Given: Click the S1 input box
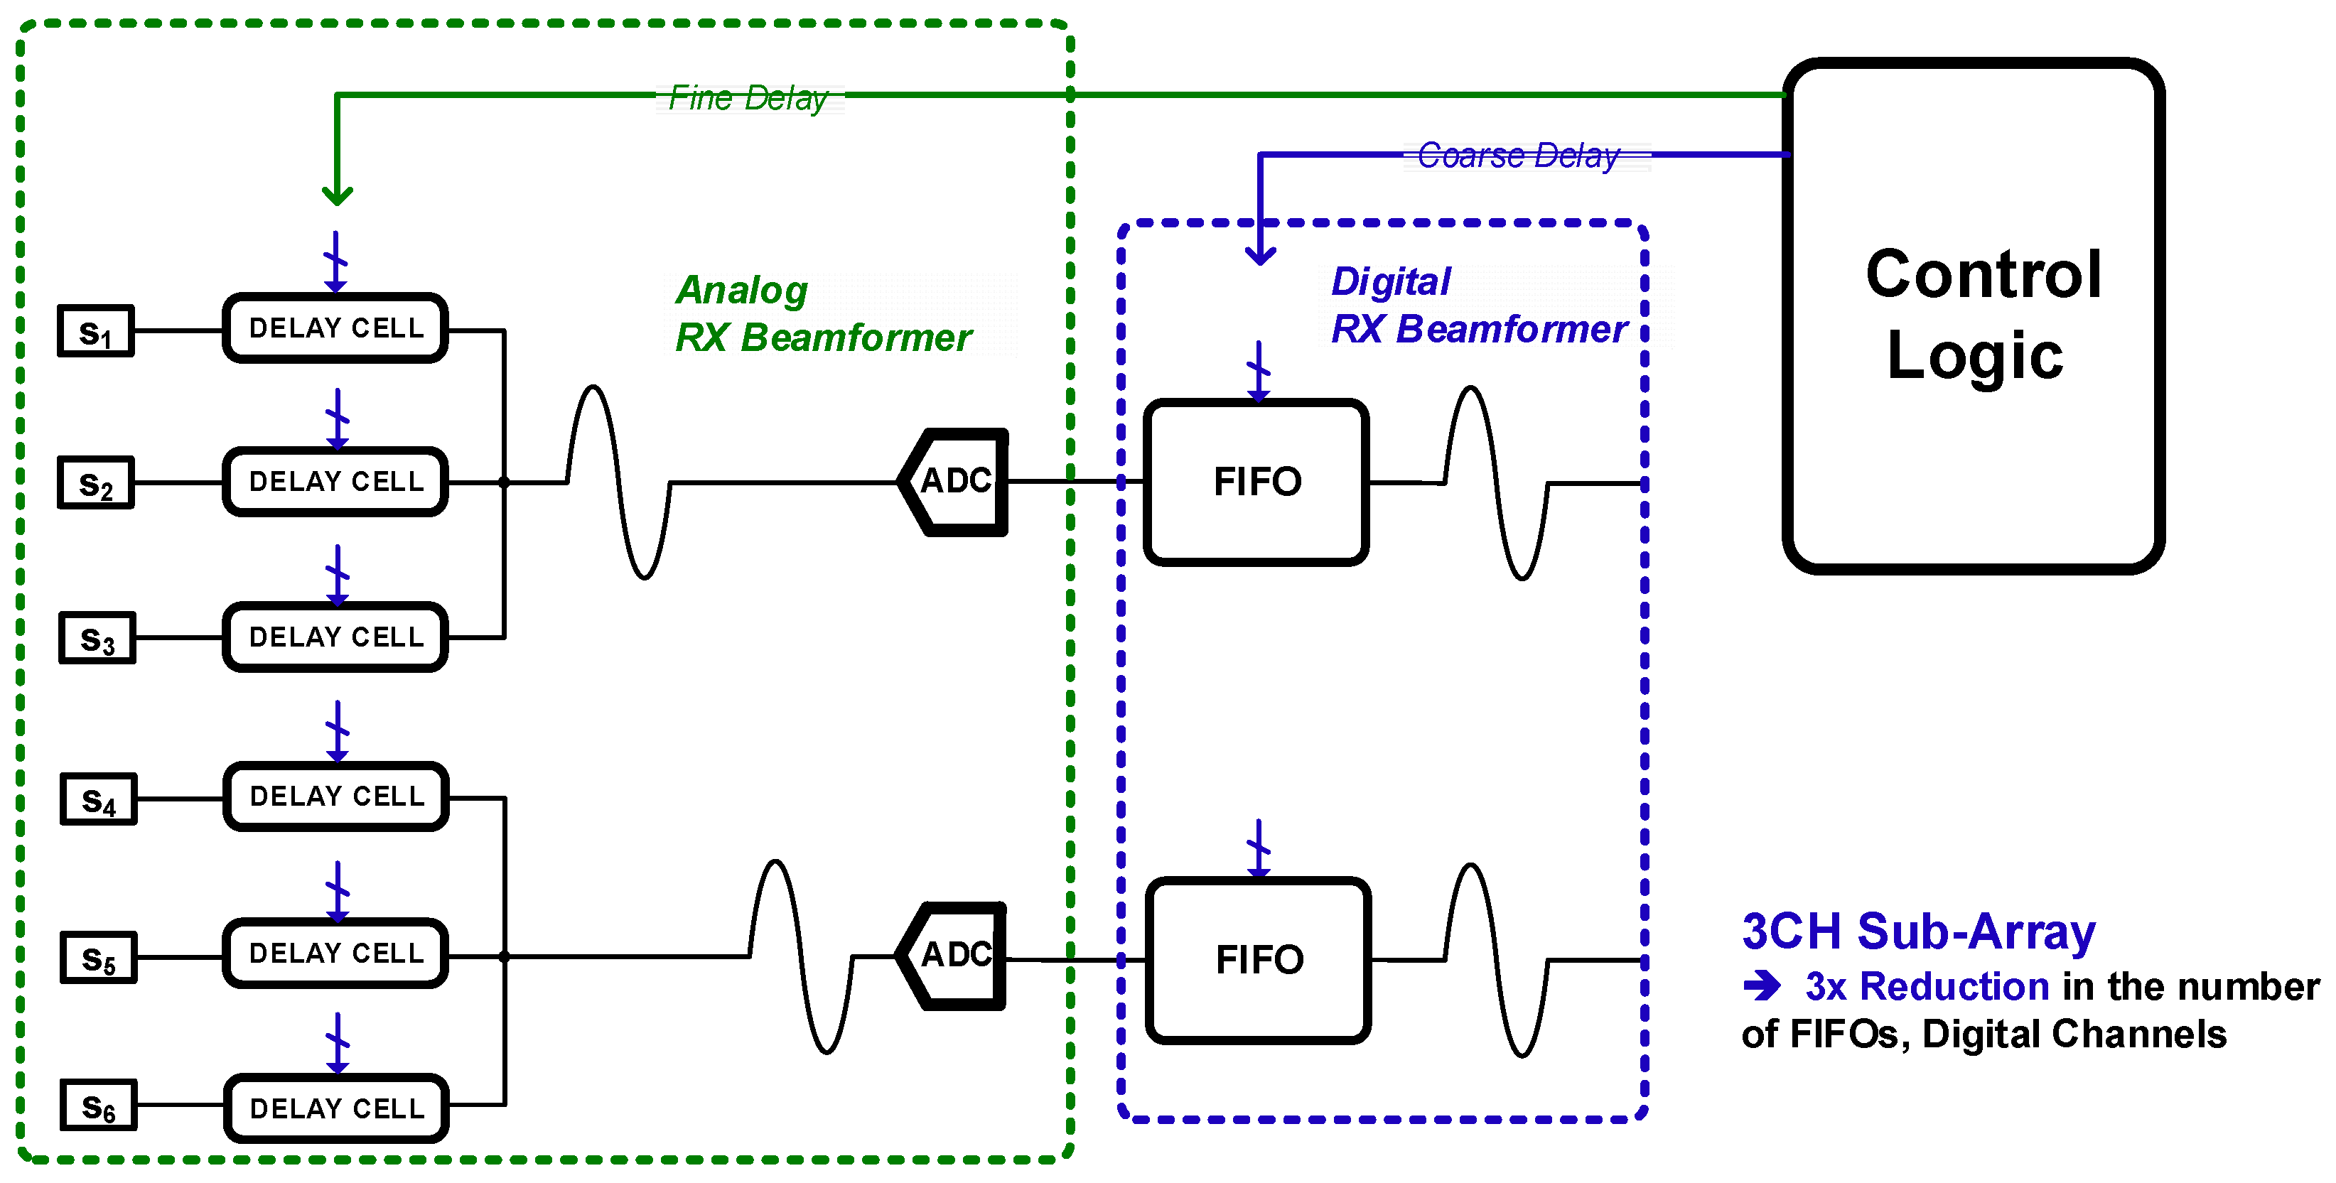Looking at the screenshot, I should pos(96,331).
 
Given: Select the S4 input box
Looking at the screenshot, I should pos(99,799).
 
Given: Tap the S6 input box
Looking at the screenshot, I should pos(99,1105).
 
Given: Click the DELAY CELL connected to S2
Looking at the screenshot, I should pos(335,481).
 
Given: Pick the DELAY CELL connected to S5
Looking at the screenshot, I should pos(335,953).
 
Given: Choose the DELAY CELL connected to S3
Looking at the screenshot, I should pos(335,637).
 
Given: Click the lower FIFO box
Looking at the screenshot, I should pos(1259,960).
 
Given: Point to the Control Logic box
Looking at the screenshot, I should pos(1974,315).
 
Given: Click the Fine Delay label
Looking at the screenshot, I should pos(748,98).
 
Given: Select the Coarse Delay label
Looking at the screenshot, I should pos(1518,156).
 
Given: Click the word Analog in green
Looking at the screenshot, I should pos(742,290).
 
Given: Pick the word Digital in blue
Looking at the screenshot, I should pos(1391,281).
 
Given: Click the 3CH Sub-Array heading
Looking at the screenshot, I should pos(1919,931).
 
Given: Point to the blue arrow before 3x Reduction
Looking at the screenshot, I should pos(1762,985).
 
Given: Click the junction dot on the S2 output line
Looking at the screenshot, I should pos(504,482).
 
